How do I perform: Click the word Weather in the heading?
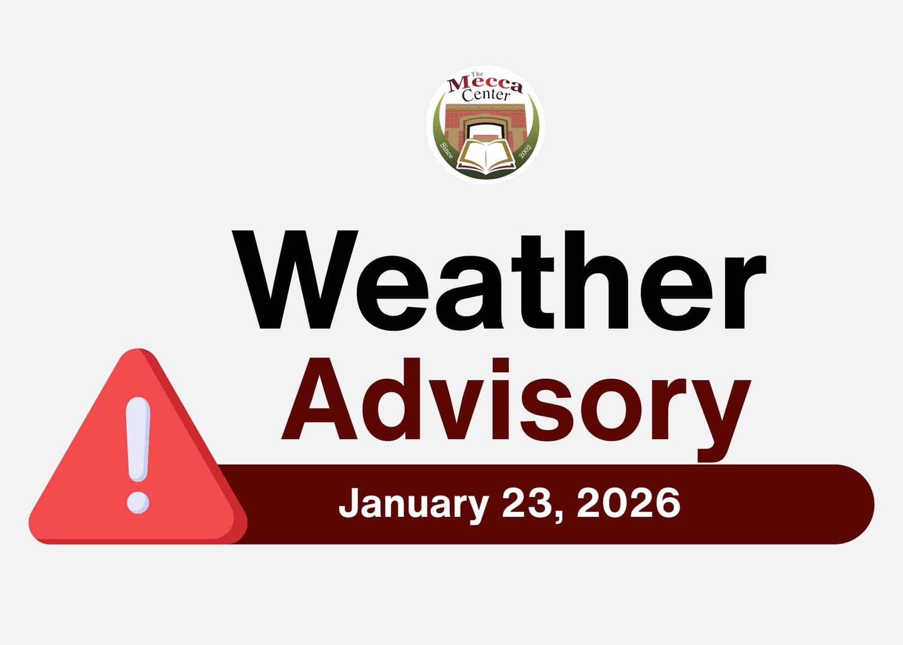click(x=499, y=280)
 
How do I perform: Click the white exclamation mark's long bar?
click(x=138, y=439)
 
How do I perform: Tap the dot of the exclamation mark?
click(x=138, y=502)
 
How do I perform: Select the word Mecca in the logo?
click(x=485, y=85)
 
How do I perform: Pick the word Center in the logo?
click(x=486, y=96)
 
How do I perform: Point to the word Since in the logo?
click(x=446, y=150)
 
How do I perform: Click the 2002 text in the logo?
click(x=525, y=150)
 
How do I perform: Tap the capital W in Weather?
click(x=295, y=279)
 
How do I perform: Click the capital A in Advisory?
click(x=319, y=398)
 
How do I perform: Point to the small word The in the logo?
click(x=477, y=74)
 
